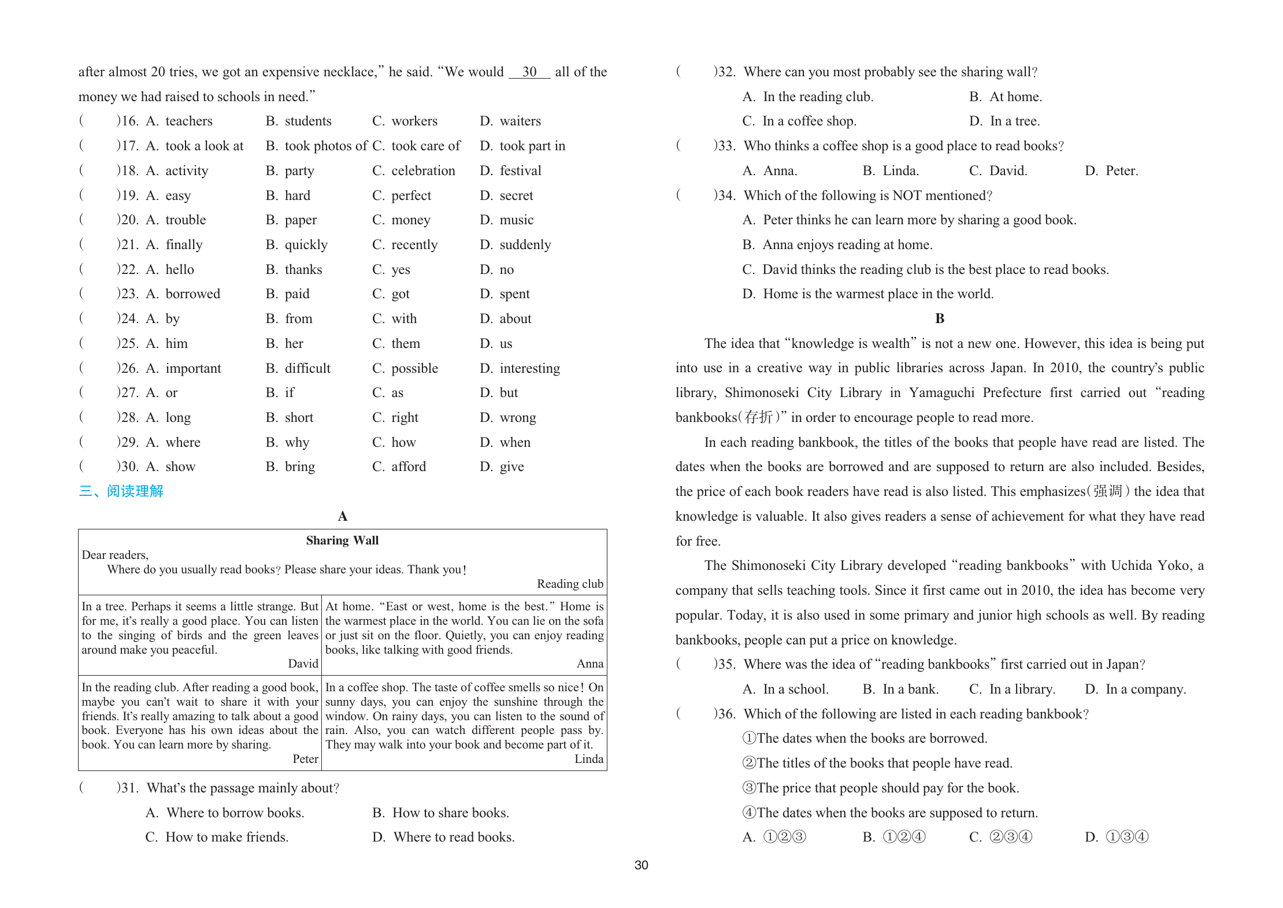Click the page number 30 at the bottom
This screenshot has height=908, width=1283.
pos(641,865)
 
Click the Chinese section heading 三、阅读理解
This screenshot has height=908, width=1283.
pos(121,491)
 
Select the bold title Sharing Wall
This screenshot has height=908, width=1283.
pos(342,540)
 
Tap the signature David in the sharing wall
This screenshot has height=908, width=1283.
pos(303,664)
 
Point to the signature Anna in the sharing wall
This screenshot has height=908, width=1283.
pos(589,664)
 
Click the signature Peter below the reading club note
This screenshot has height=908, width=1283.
pos(305,759)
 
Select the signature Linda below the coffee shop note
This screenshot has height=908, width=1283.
pos(588,759)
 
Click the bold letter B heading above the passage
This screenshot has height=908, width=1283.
pos(940,318)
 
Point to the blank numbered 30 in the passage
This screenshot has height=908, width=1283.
pos(529,72)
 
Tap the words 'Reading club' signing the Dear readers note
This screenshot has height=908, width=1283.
pos(570,584)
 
